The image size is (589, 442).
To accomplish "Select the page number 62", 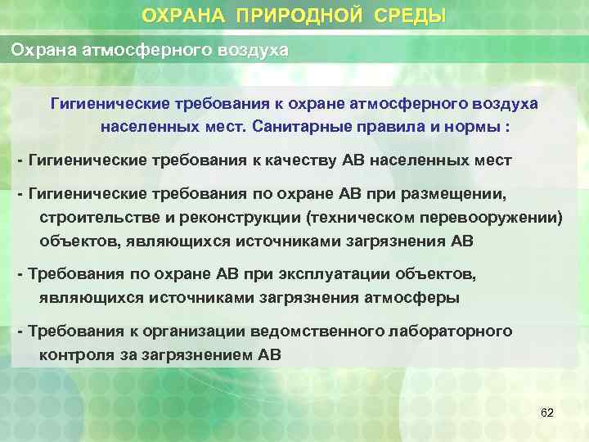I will (x=547, y=413).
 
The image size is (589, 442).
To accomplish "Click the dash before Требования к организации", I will (x=21, y=331).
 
